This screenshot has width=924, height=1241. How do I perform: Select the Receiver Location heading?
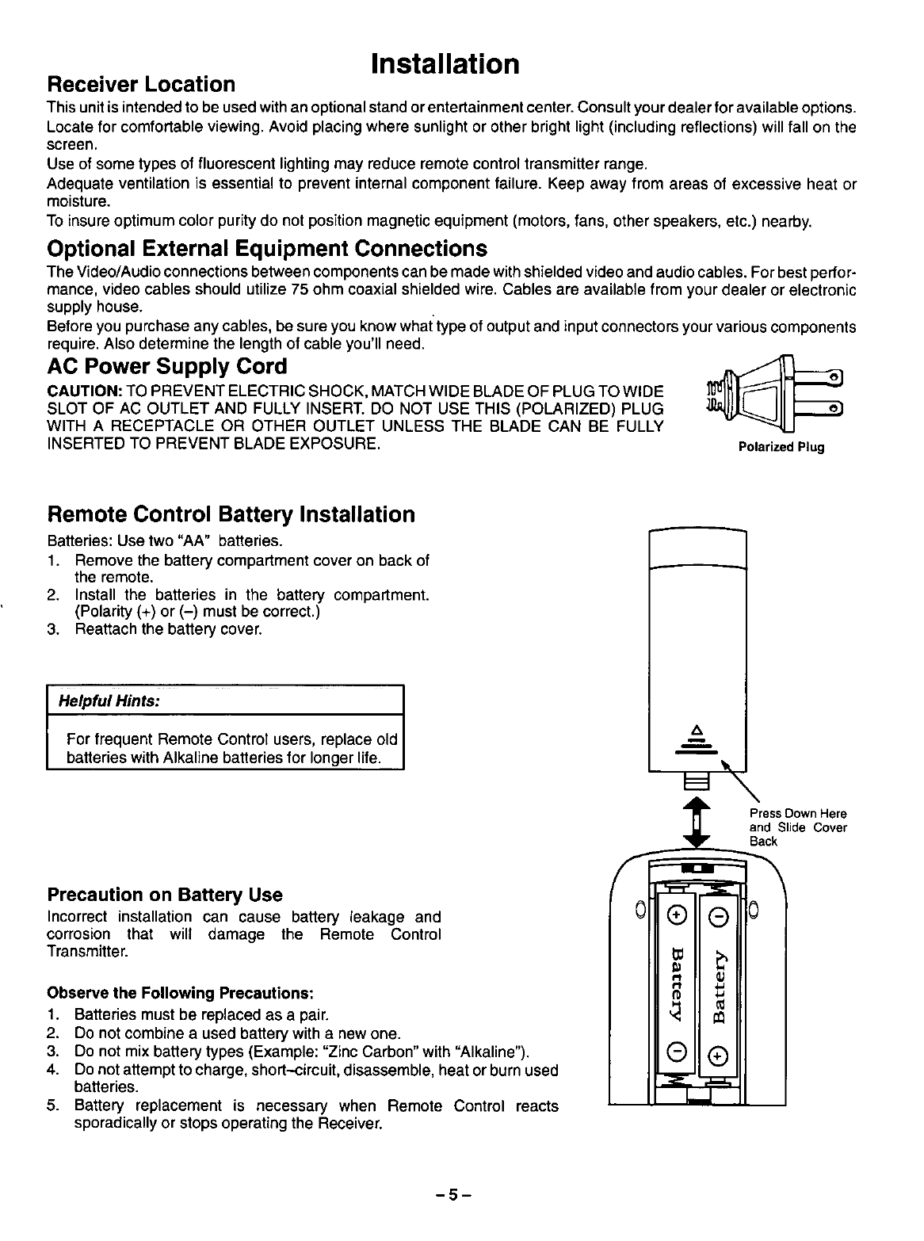[142, 84]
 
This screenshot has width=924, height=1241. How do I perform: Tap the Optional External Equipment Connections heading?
[267, 249]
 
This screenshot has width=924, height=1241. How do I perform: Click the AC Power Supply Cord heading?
[167, 367]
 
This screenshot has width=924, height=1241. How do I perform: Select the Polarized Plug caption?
[781, 447]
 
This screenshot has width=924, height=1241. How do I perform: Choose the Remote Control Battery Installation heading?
[231, 514]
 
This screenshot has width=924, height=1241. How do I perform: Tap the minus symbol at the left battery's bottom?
[676, 1054]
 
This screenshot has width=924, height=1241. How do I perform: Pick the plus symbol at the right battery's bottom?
[719, 1054]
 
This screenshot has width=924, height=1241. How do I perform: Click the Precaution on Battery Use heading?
[165, 895]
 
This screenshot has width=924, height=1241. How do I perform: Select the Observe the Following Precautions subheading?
[181, 994]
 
